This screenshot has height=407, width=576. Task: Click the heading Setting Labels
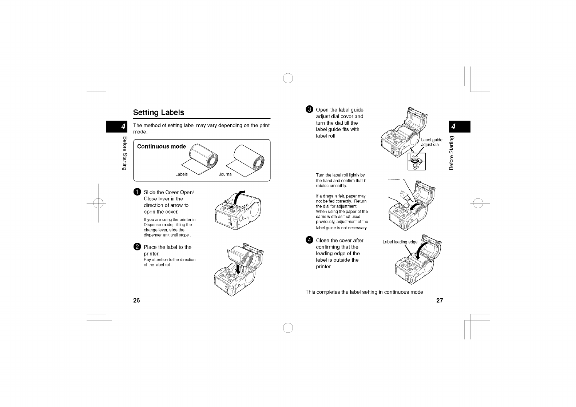(x=159, y=112)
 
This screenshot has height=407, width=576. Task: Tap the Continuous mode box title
(x=161, y=146)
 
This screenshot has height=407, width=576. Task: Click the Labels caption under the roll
(x=181, y=174)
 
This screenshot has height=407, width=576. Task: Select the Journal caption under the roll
(x=226, y=174)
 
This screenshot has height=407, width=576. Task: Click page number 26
(x=136, y=301)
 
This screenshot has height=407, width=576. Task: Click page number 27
(x=440, y=301)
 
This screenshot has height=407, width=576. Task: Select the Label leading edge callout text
(x=400, y=242)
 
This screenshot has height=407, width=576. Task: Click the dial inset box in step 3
(x=417, y=161)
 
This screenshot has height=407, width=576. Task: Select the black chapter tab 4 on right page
(x=459, y=126)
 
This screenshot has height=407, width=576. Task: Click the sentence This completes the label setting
(x=365, y=292)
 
